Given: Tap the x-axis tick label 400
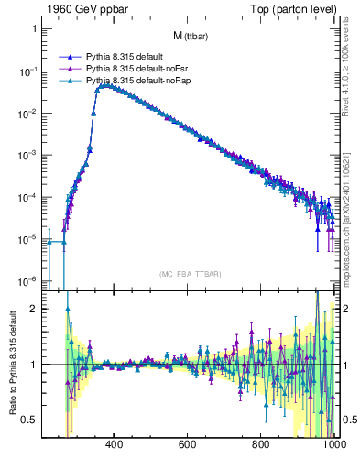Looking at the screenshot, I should pos(115,445).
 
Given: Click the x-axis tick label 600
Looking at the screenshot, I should pos(188,445).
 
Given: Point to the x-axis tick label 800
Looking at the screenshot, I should pos(261,445).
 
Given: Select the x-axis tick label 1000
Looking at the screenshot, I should pos(332,445).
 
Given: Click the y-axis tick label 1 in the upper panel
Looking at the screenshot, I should pos(33,29).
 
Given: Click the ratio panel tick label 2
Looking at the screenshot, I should pos(33,309).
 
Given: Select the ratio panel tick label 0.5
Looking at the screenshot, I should pos(29,420).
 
